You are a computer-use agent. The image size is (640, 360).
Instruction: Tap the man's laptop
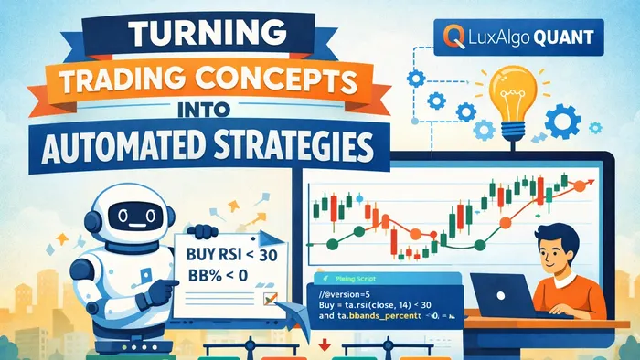coord(497,294)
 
